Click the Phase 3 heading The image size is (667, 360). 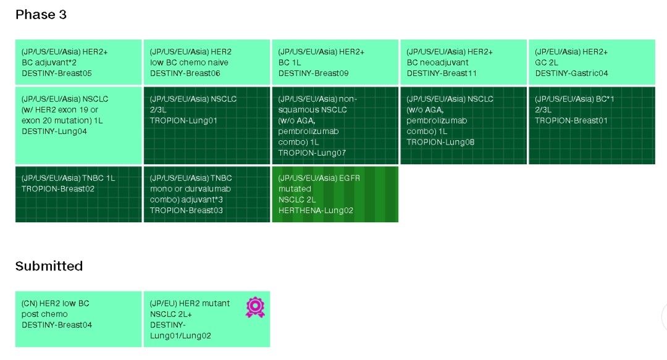pos(41,15)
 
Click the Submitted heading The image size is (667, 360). pos(49,266)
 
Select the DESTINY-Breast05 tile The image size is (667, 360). pos(78,62)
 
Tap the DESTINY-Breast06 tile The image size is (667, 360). pos(207,62)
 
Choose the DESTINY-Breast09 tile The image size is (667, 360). pos(335,62)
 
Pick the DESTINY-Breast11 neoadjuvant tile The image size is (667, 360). pos(463,62)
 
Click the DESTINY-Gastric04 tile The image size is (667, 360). pos(592,62)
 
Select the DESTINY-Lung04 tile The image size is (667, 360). pos(78,125)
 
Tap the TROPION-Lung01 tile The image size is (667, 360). pos(207,125)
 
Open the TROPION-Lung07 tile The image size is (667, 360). pos(335,125)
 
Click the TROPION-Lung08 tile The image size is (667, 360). pos(463,125)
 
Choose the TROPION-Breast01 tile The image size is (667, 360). pos(592,125)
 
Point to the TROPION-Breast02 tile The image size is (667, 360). pos(78,194)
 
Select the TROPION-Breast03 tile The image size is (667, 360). pos(207,194)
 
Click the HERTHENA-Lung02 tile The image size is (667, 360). pos(335,194)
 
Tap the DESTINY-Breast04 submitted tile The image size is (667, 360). pos(78,319)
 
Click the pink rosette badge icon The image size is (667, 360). pos(255,307)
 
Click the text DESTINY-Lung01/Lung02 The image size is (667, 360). pos(180,330)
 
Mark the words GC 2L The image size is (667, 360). pos(548,62)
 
